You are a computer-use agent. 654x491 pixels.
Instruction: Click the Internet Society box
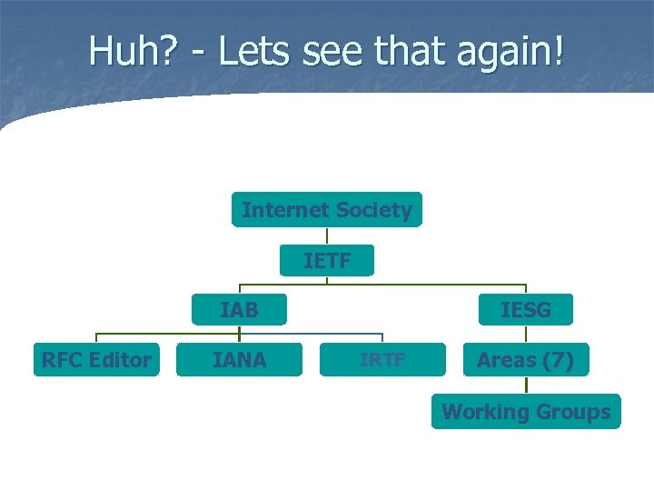[327, 210]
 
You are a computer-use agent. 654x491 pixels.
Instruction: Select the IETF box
[327, 262]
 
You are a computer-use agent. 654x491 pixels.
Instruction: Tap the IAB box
[239, 310]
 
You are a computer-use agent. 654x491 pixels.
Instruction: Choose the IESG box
[526, 310]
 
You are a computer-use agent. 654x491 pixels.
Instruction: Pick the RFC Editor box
[96, 360]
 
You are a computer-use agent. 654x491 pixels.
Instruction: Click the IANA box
[239, 360]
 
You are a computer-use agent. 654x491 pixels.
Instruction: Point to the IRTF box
[382, 360]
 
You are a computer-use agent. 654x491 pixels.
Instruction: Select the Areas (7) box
[526, 360]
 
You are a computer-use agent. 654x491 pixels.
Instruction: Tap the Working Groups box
[526, 412]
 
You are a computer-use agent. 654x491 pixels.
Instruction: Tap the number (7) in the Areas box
[555, 360]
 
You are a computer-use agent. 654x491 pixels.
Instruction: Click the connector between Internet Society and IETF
[327, 236]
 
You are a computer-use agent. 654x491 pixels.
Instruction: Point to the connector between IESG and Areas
[526, 334]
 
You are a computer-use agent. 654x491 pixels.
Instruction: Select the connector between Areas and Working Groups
[526, 386]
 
